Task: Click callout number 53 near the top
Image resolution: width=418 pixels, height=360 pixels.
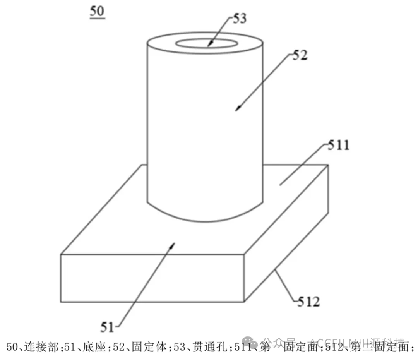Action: coord(240,18)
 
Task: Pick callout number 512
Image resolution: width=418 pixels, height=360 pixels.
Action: coord(308,301)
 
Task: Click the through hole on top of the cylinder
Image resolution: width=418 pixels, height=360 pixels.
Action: coord(206,43)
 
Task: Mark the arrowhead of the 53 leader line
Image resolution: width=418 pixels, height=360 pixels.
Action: coord(209,45)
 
